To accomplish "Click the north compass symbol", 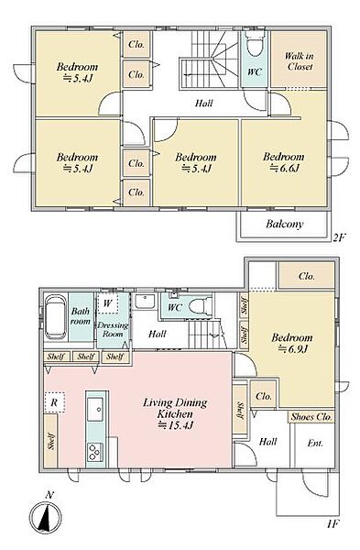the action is click(x=45, y=516).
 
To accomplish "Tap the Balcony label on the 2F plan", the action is click(x=284, y=224).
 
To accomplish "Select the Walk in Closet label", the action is click(x=299, y=61).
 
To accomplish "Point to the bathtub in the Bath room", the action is click(x=55, y=317).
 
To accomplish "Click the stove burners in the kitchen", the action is click(x=95, y=452).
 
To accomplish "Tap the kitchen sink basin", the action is click(x=95, y=410).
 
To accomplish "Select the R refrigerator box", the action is click(x=54, y=402).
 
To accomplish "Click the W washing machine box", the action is click(x=107, y=303).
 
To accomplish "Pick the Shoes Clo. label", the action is click(x=311, y=417).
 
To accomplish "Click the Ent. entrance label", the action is click(x=315, y=443).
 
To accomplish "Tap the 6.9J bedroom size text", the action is click(x=293, y=349).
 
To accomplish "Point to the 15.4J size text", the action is click(x=175, y=425).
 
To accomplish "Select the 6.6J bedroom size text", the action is click(x=284, y=168).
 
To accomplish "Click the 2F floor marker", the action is click(x=339, y=237).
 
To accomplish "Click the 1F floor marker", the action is click(x=333, y=524).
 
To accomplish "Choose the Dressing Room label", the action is click(x=113, y=330).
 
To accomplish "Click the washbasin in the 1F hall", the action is click(x=145, y=302).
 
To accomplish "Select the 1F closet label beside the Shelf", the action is click(x=264, y=396).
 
